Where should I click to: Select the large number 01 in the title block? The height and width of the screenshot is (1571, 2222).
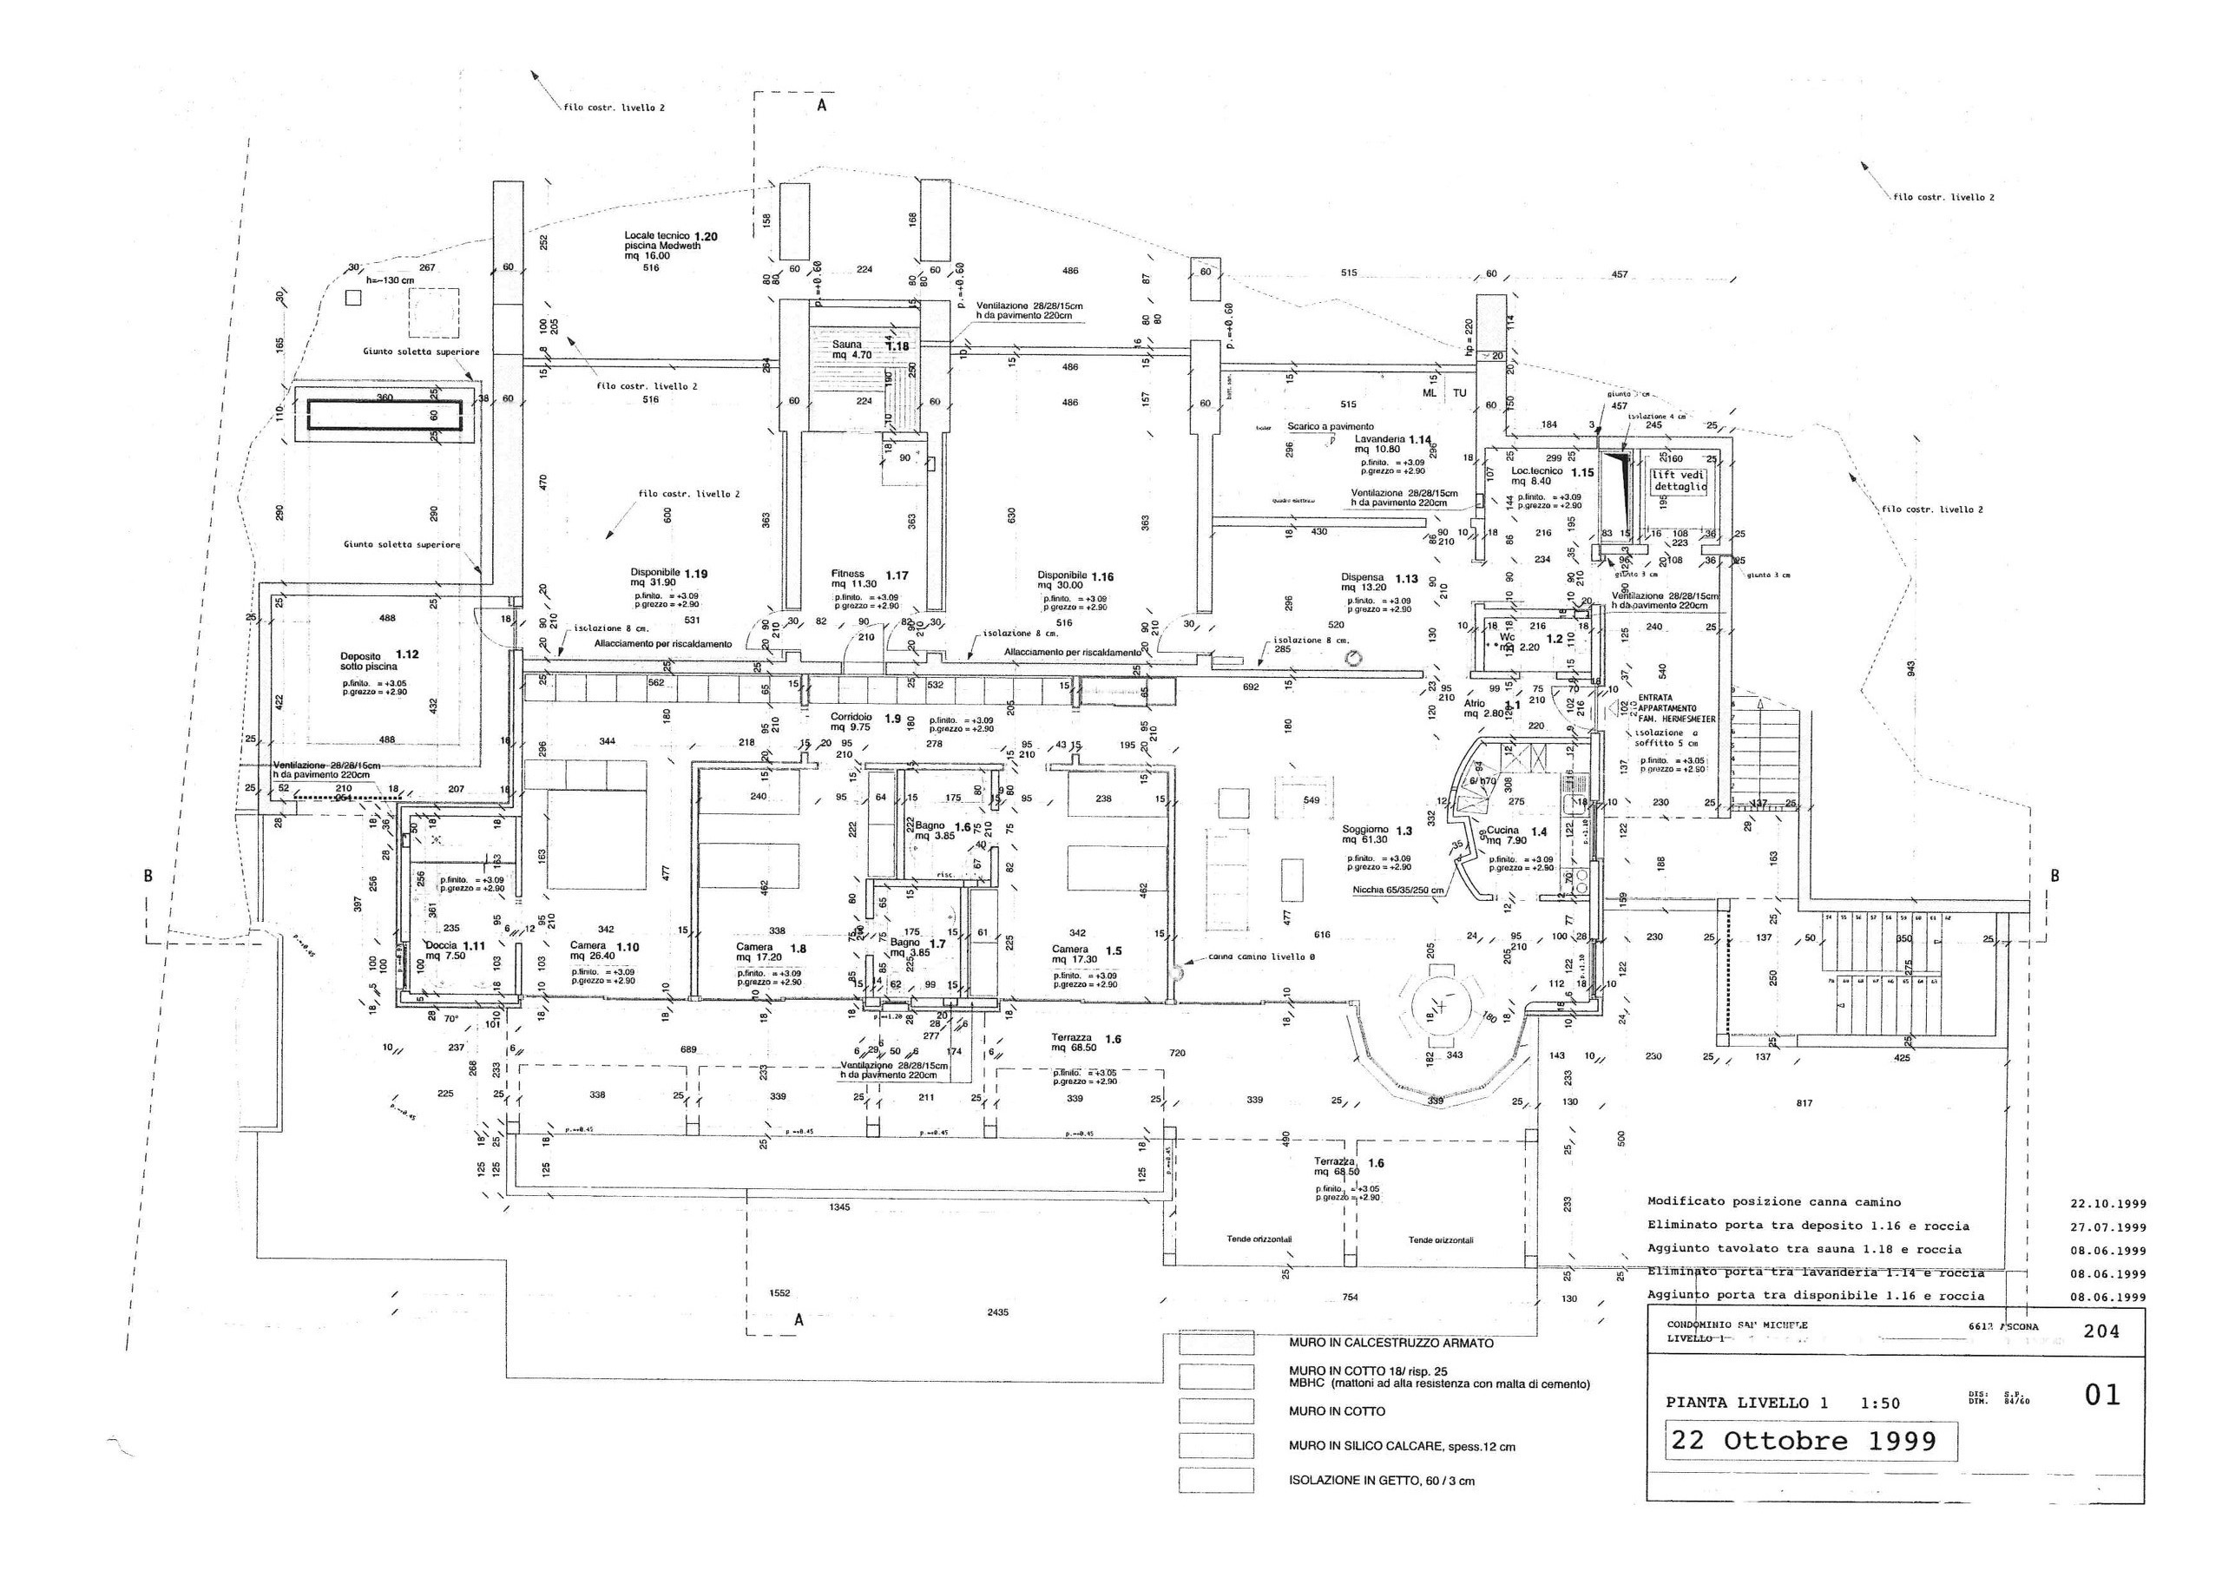[2101, 1396]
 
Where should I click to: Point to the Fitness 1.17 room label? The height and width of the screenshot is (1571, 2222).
[867, 578]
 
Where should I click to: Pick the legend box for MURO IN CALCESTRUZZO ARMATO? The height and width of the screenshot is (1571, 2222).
[1217, 1344]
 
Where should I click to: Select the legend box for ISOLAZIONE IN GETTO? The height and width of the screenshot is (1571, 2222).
[1217, 1481]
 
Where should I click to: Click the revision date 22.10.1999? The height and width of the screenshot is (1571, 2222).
[2107, 1204]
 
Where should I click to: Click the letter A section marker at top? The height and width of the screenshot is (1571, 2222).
[822, 107]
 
